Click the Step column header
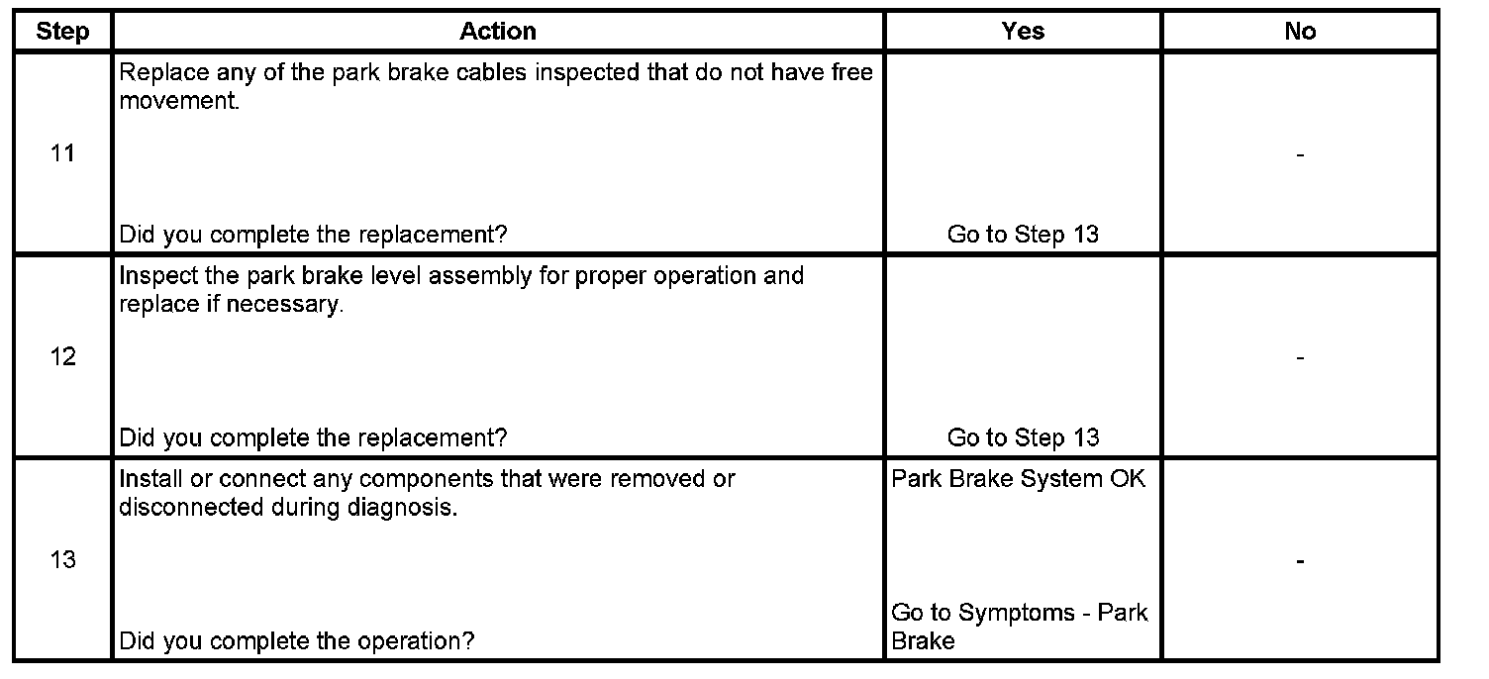62,32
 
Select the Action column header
498,32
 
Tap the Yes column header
1023,32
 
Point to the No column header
1300,32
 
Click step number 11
62,154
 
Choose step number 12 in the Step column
62,357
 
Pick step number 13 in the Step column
62,560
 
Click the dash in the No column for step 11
1300,154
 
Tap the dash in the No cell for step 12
1300,357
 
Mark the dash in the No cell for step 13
1300,561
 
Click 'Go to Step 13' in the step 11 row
1023,235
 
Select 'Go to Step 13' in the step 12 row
1023,437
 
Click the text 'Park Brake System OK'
1019,479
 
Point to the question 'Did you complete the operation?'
296,640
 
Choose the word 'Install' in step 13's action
147,479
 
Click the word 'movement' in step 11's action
176,102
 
